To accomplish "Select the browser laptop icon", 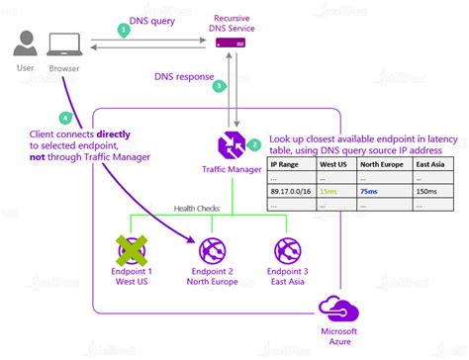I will point(64,44).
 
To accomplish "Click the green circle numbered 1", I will point(123,30).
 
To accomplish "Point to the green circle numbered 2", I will point(254,144).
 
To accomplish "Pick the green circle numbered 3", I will point(220,86).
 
